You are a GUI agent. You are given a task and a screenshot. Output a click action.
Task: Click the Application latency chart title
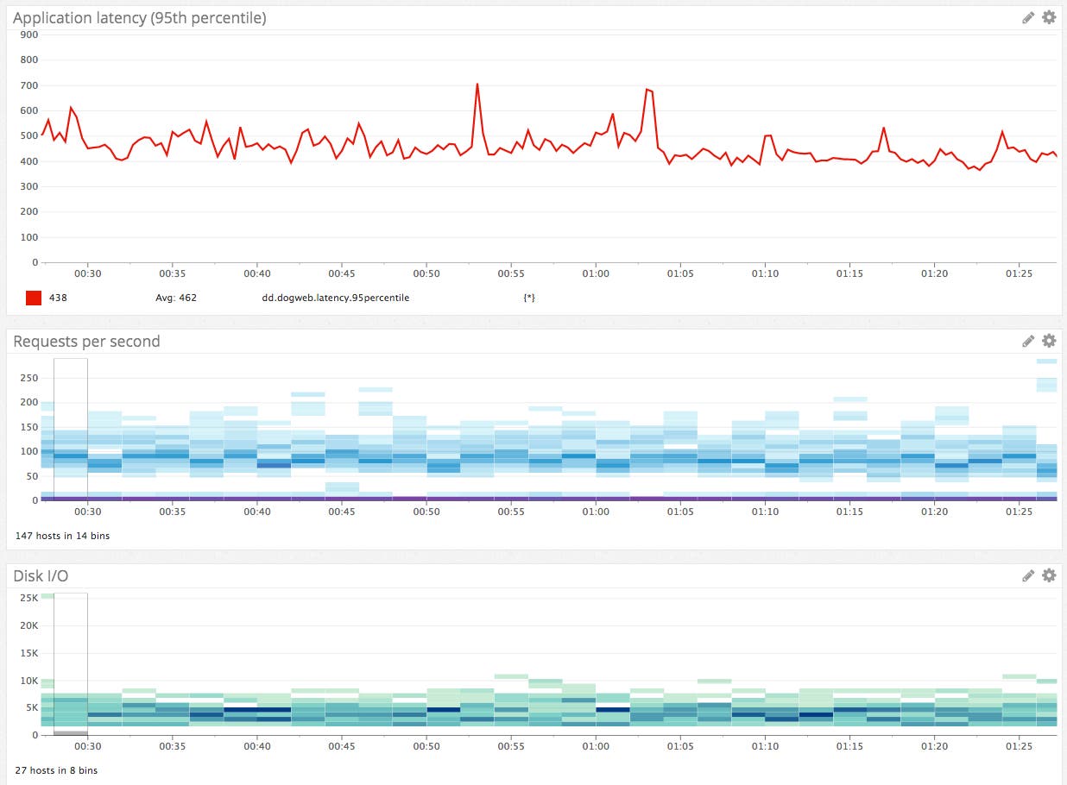139,17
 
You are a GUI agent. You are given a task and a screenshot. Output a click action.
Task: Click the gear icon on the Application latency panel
1049,17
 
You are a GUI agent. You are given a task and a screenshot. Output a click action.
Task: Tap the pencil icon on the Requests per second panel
1028,341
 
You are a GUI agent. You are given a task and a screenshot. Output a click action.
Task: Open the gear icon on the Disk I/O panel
1049,575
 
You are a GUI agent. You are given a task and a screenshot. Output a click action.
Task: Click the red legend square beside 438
34,298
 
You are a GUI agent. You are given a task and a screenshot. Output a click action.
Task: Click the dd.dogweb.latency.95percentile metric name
335,298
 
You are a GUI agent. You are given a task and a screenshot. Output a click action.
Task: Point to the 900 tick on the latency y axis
28,35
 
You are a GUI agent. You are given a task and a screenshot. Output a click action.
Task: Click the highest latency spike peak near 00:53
477,85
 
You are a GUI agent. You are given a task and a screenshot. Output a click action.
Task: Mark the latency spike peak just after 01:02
647,89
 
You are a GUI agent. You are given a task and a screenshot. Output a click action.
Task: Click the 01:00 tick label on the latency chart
596,273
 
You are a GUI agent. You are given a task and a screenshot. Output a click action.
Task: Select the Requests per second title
86,341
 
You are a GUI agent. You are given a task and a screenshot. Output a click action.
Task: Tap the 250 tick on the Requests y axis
28,378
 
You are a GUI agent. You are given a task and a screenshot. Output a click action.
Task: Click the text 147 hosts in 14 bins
62,536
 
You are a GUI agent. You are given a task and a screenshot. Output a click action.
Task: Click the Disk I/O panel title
41,575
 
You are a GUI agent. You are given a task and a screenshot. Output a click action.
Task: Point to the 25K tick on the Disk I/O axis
28,598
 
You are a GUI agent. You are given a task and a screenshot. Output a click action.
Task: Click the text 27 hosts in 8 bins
56,770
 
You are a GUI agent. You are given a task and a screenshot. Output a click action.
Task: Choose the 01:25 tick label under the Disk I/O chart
1019,746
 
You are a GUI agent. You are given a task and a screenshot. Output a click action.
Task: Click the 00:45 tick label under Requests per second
342,512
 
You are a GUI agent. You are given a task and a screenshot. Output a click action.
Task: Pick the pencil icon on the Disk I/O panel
1028,575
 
